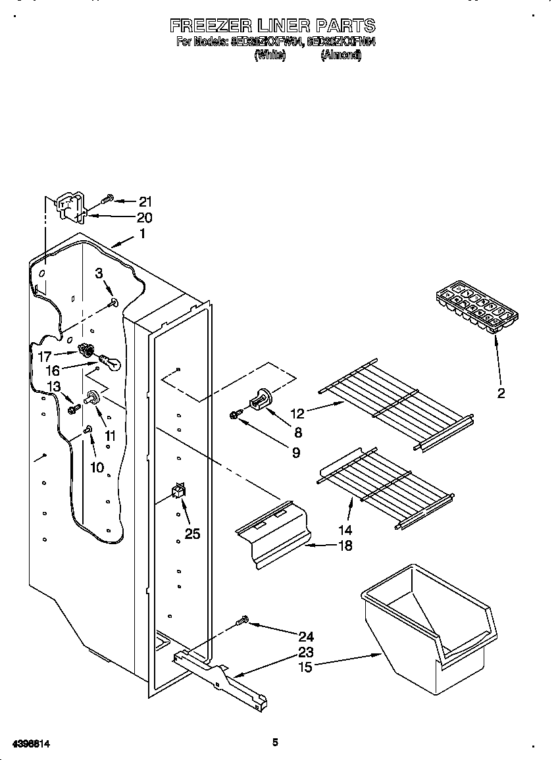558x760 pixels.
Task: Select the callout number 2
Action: (x=501, y=393)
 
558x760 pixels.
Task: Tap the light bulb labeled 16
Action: (x=109, y=362)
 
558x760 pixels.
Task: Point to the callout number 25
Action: (x=192, y=534)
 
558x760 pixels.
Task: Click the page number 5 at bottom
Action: (x=275, y=742)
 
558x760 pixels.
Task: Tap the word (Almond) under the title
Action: (x=341, y=56)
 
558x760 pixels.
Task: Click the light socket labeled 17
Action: (x=86, y=351)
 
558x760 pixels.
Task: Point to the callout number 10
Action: (x=97, y=467)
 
